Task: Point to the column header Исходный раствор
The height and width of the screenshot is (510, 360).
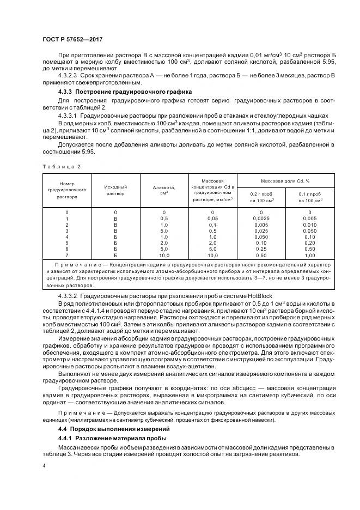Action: click(115, 190)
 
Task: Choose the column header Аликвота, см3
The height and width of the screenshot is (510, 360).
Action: click(164, 190)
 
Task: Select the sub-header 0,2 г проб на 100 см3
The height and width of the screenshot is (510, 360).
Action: click(261, 197)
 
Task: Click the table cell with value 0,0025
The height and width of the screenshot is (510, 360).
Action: click(261, 218)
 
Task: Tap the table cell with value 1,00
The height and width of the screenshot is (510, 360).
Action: click(309, 255)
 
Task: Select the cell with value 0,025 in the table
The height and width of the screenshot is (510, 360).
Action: click(261, 231)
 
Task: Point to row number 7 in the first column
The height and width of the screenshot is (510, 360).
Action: click(67, 255)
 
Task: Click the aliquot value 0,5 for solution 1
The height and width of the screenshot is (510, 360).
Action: click(164, 218)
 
